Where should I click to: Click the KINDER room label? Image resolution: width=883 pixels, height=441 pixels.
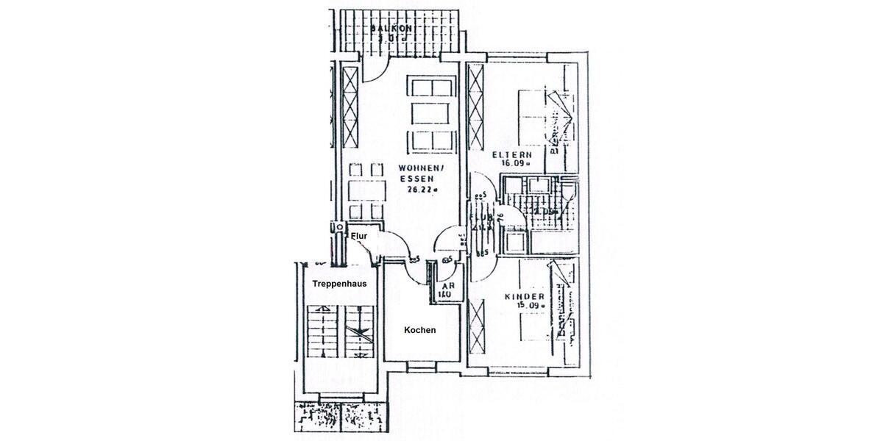(x=524, y=296)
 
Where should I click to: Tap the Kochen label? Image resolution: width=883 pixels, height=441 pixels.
(x=419, y=330)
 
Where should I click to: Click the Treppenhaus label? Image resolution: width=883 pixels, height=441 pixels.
(x=335, y=283)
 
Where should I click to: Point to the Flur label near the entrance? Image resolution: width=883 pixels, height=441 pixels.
(x=359, y=236)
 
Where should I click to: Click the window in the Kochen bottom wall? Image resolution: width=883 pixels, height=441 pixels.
(x=422, y=365)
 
